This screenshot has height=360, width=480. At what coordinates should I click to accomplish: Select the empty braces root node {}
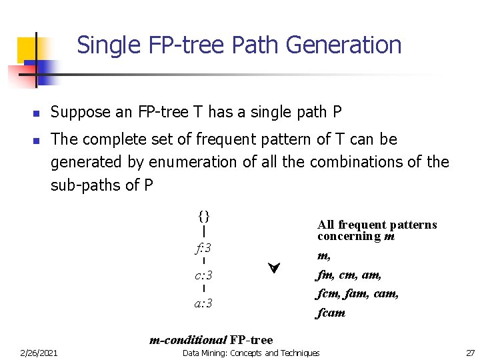(x=203, y=216)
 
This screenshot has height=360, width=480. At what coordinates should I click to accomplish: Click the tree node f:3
(x=203, y=248)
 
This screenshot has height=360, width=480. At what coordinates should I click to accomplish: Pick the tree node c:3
(x=203, y=275)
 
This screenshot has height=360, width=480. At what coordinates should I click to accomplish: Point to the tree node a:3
(x=203, y=303)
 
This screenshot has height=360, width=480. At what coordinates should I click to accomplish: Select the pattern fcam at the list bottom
(x=331, y=313)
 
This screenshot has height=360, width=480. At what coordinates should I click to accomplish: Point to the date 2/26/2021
(x=39, y=353)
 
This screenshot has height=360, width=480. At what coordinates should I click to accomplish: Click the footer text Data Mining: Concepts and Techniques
(x=251, y=353)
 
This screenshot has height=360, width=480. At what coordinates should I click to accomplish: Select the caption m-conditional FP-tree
(x=211, y=340)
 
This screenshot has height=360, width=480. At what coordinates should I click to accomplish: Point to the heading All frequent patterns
(x=377, y=225)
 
